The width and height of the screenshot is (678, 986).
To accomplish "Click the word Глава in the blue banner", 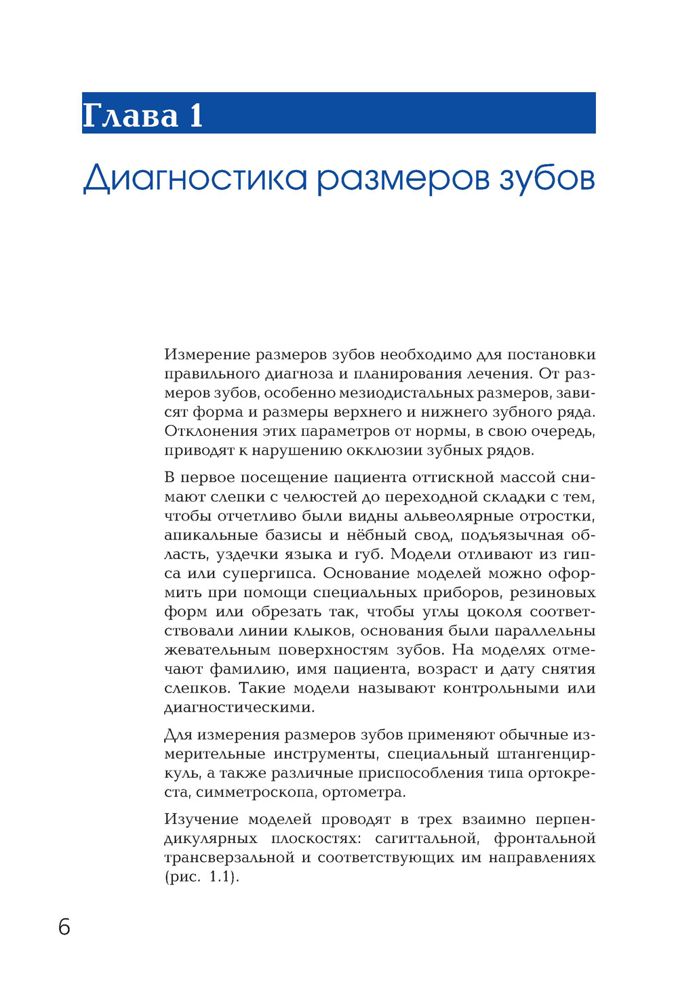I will [130, 115].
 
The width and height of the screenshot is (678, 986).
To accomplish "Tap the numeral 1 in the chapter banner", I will [197, 115].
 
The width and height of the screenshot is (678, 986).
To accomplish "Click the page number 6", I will [64, 926].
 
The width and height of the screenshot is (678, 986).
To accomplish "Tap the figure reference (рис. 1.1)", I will [202, 877].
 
